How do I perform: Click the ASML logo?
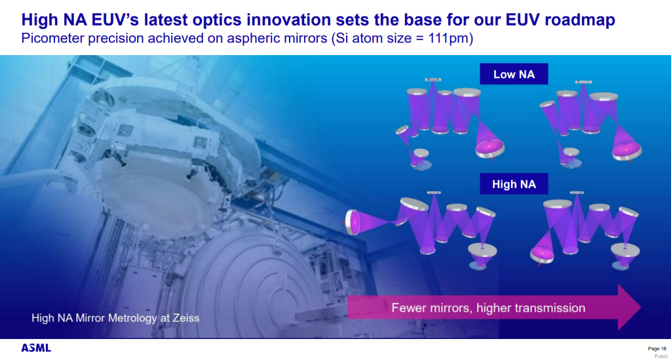coord(36,348)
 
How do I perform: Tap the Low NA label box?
coord(514,74)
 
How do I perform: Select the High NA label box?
coord(514,184)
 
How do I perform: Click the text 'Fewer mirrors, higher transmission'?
coord(488,308)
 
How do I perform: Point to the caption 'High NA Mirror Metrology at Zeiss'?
coord(115,318)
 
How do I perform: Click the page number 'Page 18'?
coord(657,349)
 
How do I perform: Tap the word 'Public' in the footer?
coord(661,356)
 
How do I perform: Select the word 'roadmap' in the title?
coord(580,20)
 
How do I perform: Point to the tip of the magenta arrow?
coord(641,308)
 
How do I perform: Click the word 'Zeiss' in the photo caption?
coord(185,318)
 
